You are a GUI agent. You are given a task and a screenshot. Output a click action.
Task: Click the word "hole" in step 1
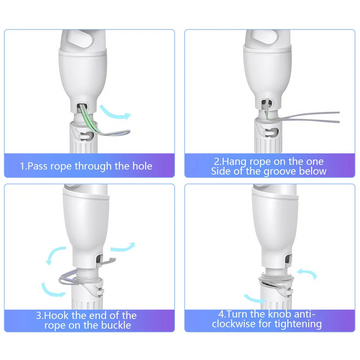pyautogui.click(x=142, y=166)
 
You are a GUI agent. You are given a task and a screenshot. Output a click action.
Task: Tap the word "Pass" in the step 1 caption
pyautogui.click(x=37, y=166)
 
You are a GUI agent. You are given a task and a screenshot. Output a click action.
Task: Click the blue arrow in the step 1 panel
pyautogui.click(x=115, y=112)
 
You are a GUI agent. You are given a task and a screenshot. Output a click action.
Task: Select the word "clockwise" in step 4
pyautogui.click(x=232, y=324)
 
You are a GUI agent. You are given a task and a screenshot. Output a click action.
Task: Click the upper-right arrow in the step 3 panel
pyautogui.click(x=123, y=247)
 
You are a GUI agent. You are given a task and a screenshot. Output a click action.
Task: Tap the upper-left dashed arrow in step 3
pyautogui.click(x=55, y=254)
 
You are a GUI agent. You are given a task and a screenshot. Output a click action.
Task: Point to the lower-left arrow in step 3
pyautogui.click(x=52, y=290)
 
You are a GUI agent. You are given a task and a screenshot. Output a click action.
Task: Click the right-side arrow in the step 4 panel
pyautogui.click(x=307, y=273)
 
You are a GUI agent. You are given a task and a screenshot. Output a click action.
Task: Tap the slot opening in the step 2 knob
pyautogui.click(x=271, y=132)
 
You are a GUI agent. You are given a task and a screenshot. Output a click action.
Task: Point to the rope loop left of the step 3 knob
pyautogui.click(x=67, y=279)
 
